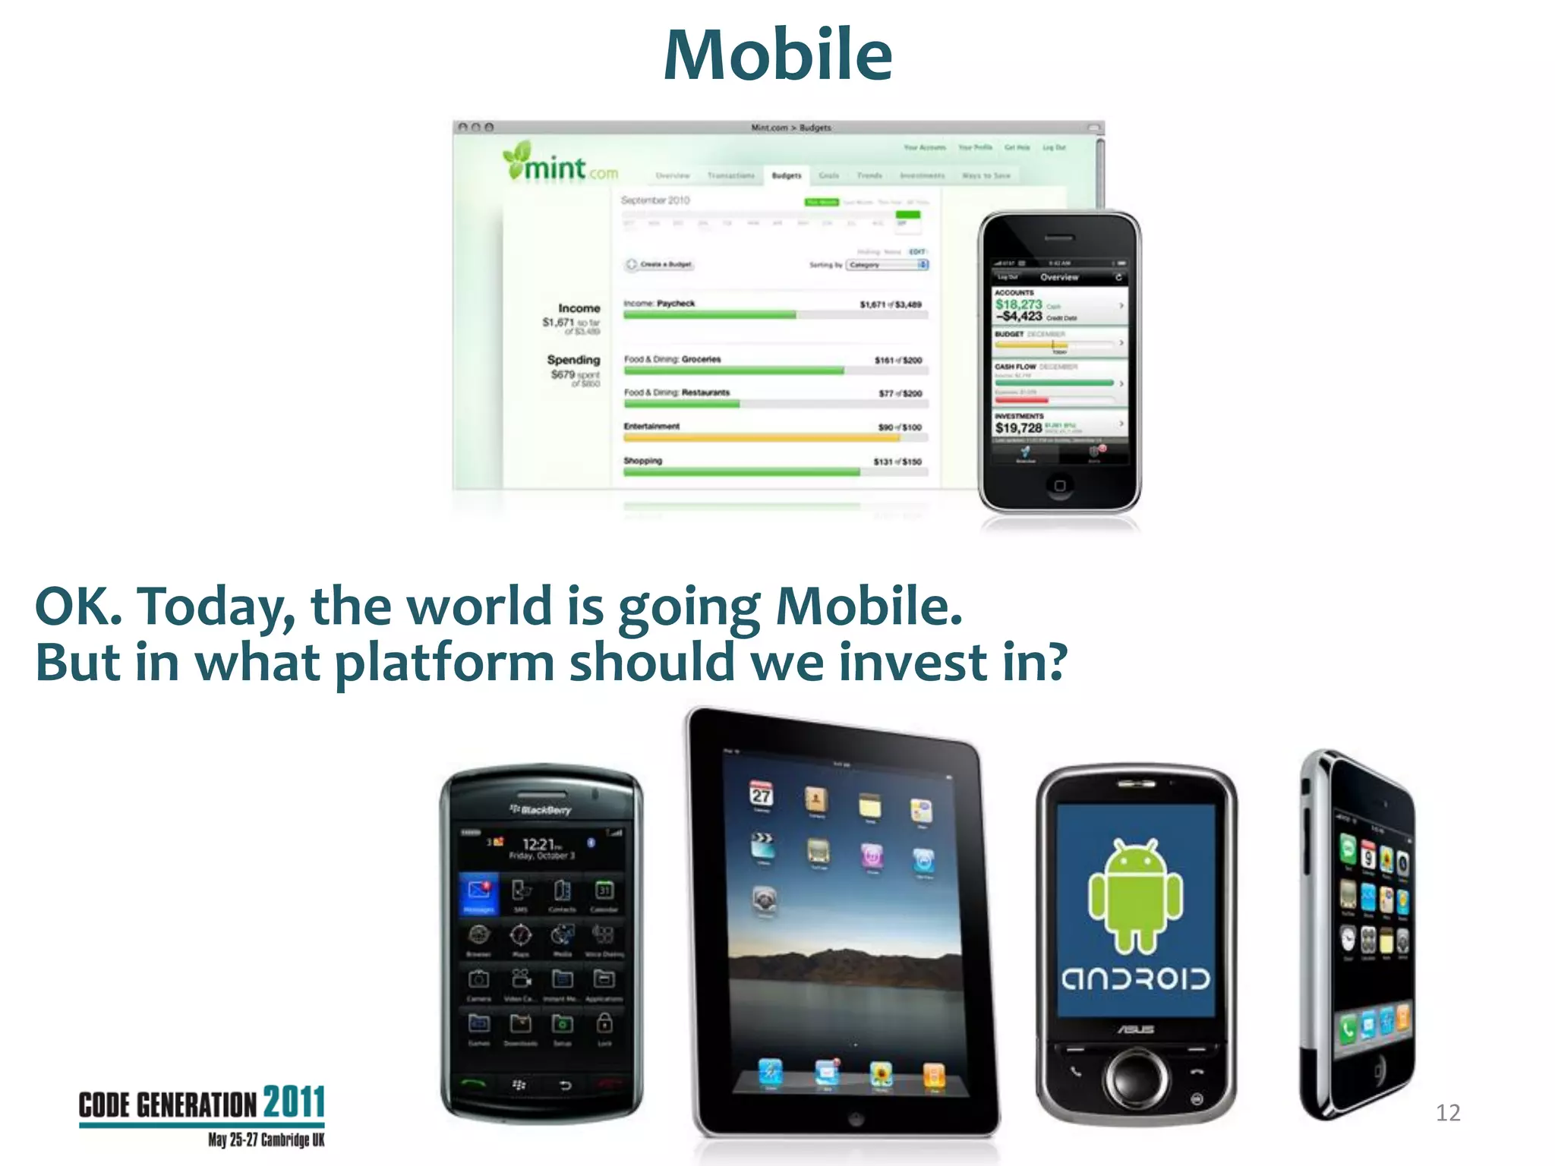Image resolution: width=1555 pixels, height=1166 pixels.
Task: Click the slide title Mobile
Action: (x=777, y=55)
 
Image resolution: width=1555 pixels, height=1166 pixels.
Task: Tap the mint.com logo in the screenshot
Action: (x=560, y=163)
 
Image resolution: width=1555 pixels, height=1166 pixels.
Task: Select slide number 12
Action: (x=1447, y=1113)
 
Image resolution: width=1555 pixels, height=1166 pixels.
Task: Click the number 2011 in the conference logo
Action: (x=294, y=1103)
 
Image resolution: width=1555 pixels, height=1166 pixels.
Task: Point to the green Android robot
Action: (x=1135, y=897)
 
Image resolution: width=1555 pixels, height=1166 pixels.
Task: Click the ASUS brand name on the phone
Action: (x=1135, y=1030)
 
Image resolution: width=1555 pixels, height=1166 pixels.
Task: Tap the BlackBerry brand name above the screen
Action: (x=541, y=810)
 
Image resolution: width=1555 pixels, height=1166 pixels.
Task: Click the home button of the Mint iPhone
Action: (x=1060, y=485)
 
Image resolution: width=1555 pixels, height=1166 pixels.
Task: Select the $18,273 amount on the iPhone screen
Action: (x=1018, y=304)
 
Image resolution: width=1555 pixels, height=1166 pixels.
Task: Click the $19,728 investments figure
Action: (x=1018, y=428)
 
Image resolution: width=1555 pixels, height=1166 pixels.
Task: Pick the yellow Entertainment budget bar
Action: (x=761, y=438)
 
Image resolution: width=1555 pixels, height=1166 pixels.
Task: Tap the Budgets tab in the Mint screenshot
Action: (x=786, y=175)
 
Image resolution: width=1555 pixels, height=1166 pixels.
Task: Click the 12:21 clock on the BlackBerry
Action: (x=541, y=843)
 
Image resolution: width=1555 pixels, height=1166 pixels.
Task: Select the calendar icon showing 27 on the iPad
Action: (x=761, y=795)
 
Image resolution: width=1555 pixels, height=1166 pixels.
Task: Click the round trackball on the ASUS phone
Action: (x=1136, y=1077)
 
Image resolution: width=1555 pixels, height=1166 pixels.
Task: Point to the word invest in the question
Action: (x=912, y=662)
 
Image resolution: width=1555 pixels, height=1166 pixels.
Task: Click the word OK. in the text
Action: (x=78, y=607)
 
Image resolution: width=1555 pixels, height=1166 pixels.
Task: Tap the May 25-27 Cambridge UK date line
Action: (x=266, y=1140)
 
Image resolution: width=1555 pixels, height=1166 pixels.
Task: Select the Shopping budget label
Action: (x=642, y=461)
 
